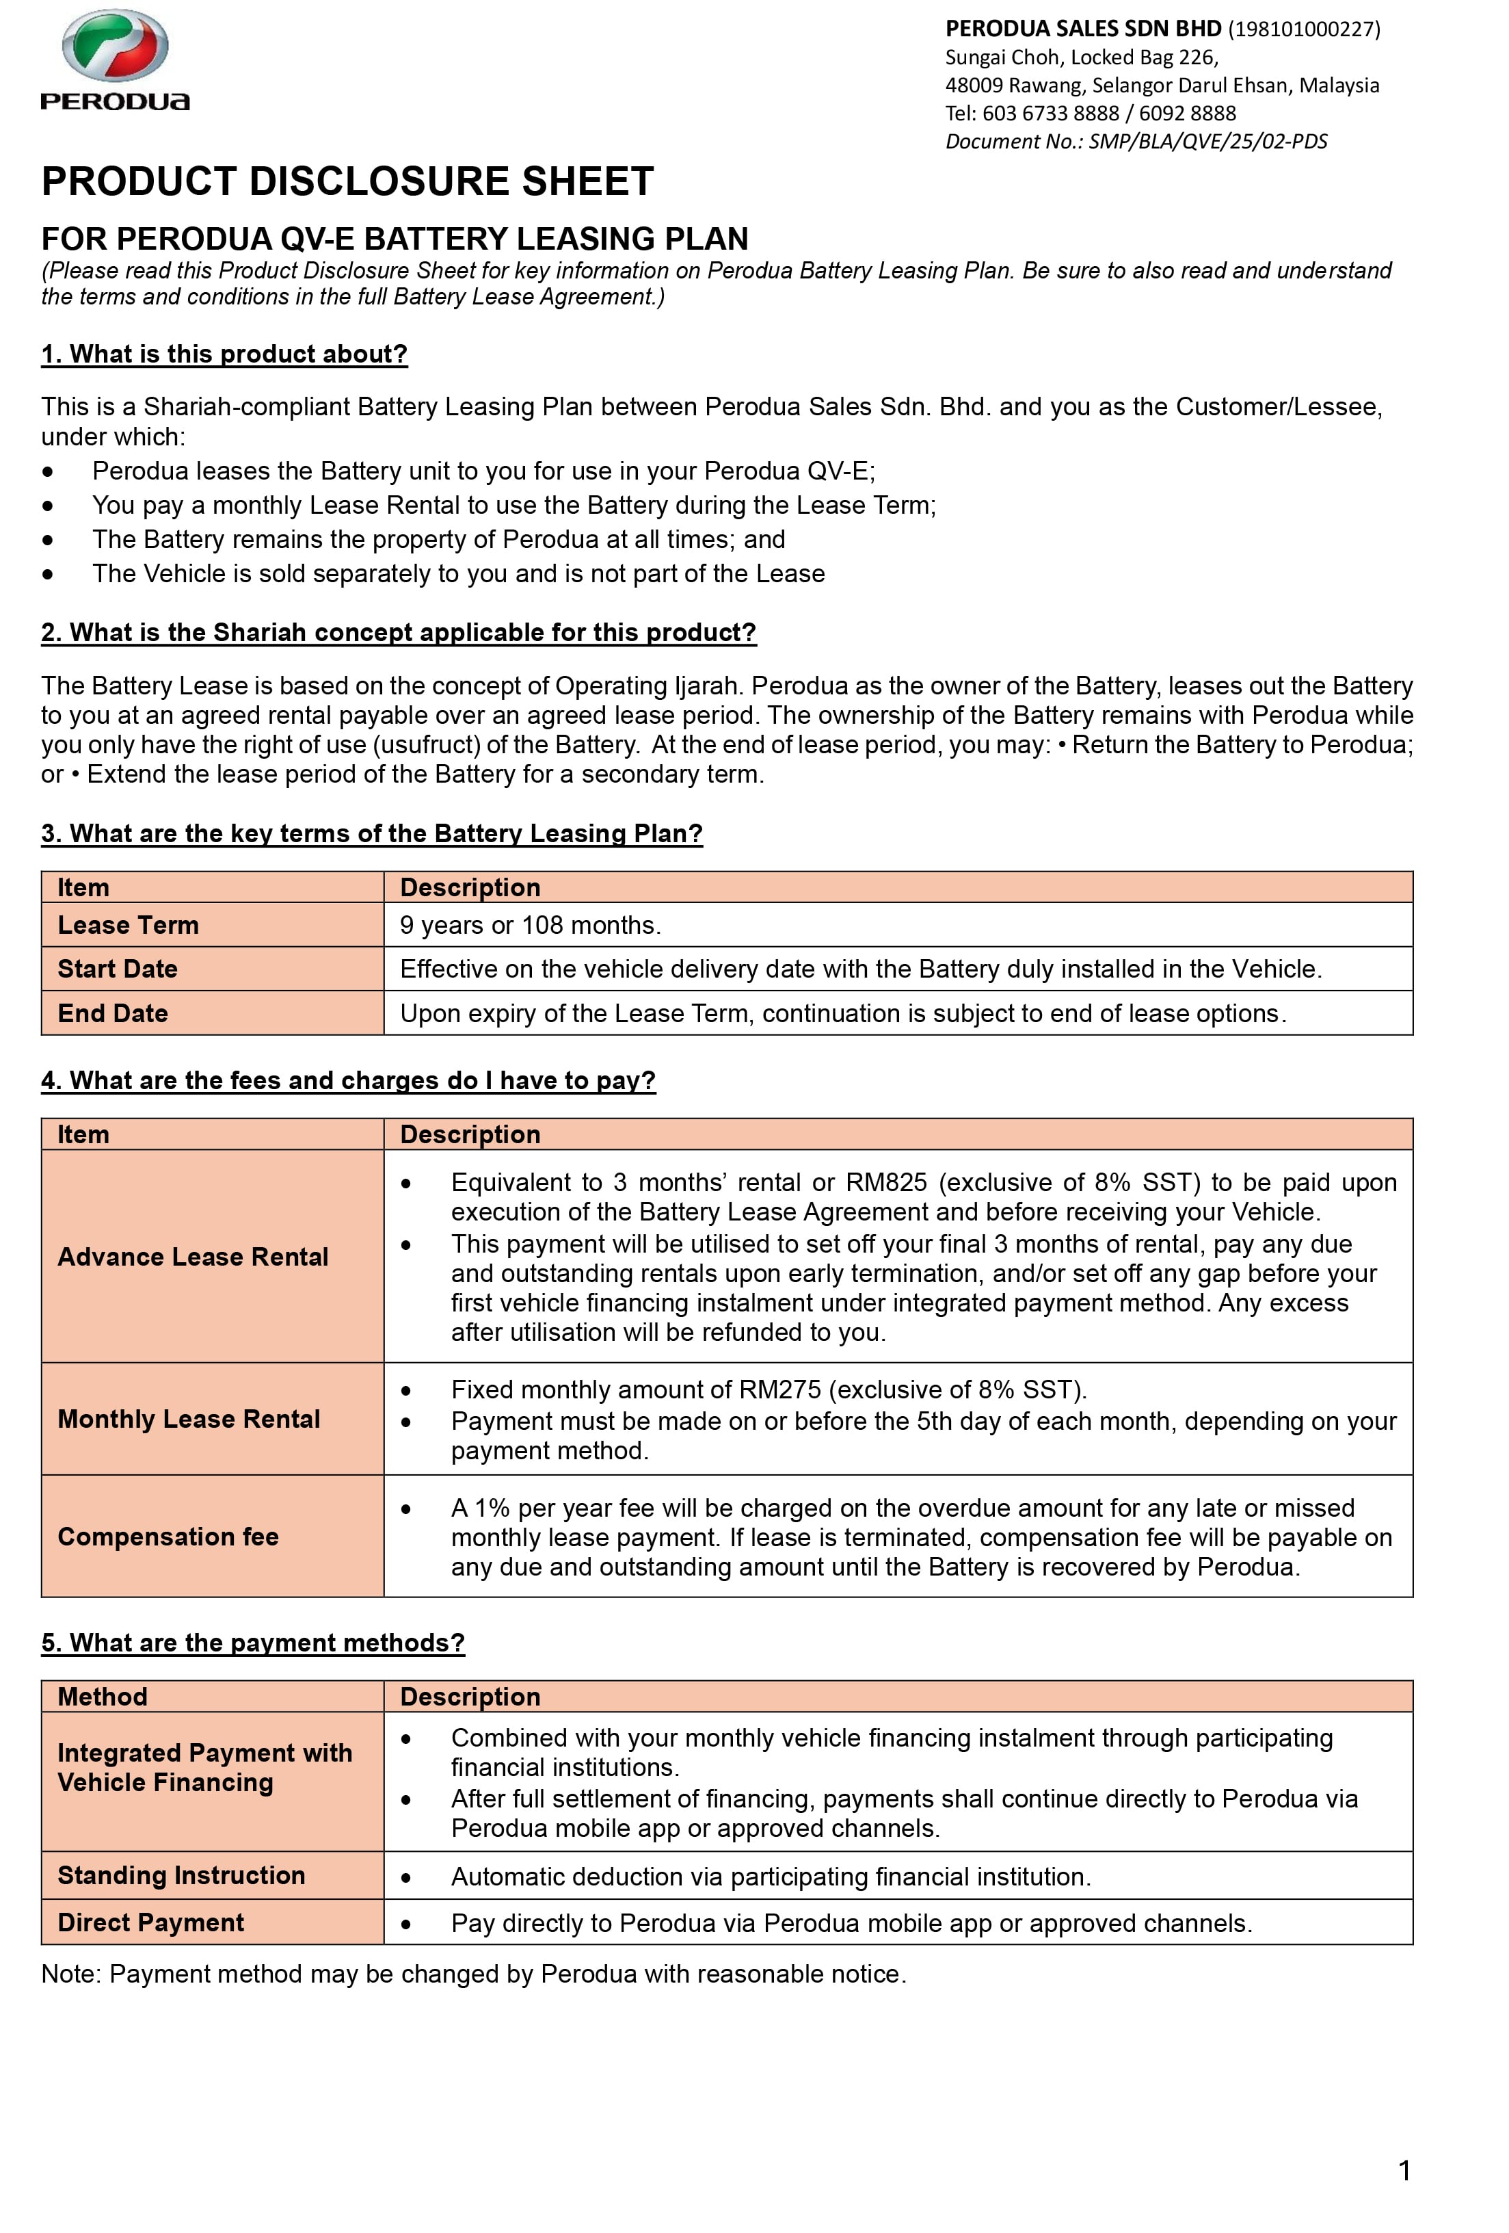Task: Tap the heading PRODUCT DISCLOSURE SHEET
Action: [347, 181]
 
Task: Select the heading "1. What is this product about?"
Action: [224, 354]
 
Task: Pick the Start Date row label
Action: [117, 969]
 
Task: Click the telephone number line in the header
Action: [1089, 114]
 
